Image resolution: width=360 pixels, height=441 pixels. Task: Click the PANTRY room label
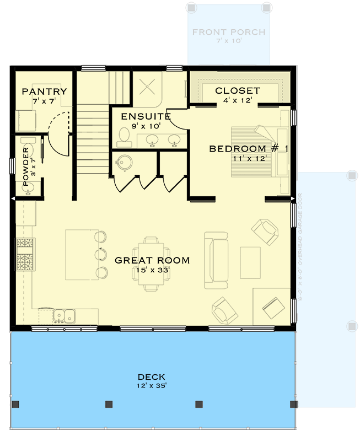pos(44,92)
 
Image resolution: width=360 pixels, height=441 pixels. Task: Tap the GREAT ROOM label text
pos(152,260)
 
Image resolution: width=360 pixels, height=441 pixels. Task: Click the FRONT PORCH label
pos(229,32)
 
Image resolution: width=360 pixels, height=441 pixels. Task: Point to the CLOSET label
pos(237,91)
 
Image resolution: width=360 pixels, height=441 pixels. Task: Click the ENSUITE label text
pos(146,116)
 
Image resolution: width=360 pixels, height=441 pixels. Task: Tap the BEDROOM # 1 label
pos(241,148)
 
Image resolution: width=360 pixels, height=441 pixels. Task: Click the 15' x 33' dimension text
pos(152,271)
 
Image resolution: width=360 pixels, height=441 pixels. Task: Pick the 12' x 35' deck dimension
pos(152,386)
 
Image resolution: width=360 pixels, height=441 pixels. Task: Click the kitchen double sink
pos(65,316)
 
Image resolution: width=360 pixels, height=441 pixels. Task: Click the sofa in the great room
pos(216,260)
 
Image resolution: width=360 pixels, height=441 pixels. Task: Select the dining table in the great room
pos(151,263)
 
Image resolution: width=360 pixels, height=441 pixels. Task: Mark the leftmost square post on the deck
pos(16,404)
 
